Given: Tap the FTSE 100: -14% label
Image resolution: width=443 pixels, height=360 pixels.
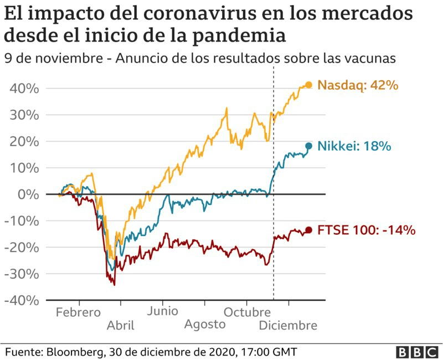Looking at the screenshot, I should tap(367, 230).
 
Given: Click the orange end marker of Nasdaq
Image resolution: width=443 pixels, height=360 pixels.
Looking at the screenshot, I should tap(308, 85).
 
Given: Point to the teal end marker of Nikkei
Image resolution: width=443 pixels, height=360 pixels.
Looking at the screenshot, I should tap(308, 146).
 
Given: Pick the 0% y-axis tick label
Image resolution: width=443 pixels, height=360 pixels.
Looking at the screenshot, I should tap(28, 194).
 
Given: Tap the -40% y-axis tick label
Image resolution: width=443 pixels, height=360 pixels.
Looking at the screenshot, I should tap(22, 300).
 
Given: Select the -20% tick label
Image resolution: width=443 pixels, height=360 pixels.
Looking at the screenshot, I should tap(22, 248).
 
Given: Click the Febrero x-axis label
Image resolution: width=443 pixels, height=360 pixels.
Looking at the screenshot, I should tap(78, 312).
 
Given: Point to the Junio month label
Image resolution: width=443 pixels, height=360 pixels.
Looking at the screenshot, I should tap(163, 311).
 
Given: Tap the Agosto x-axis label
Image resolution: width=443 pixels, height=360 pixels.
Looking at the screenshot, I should tap(205, 325).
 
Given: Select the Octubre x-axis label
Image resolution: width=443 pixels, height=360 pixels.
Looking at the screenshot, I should tap(246, 312).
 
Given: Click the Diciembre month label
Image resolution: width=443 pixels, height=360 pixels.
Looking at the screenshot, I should tap(288, 325).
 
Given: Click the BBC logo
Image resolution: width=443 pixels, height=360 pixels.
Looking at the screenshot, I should tap(417, 352).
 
